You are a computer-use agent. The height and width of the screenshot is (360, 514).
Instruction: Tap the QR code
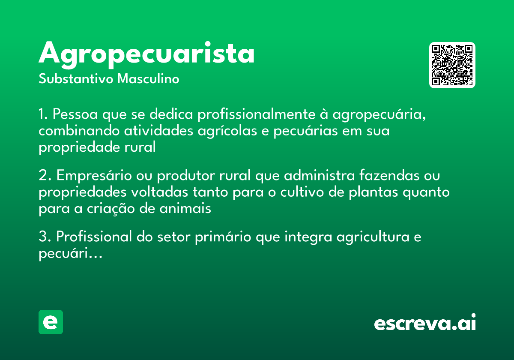coord(452,65)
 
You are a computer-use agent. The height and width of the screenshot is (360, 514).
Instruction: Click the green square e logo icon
coord(51,322)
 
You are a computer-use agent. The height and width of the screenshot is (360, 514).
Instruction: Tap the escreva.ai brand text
coord(425,323)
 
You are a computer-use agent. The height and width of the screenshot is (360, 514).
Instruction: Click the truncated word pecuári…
coord(70,254)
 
